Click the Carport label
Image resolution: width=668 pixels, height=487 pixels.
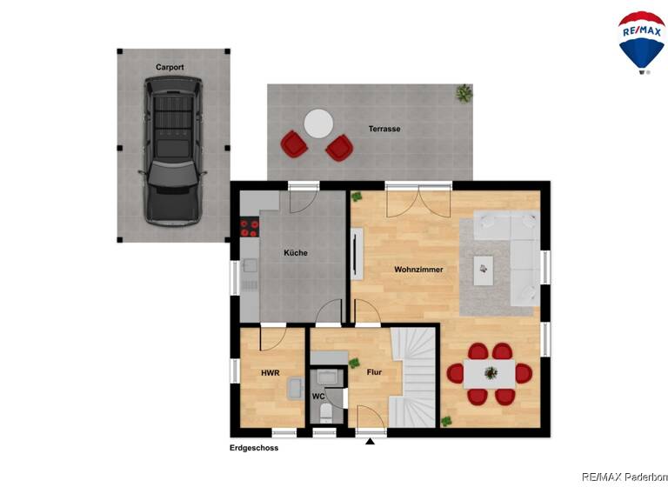coord(170,67)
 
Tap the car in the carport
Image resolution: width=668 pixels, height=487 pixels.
coord(173,150)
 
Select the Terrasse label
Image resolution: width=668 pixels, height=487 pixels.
coord(384,129)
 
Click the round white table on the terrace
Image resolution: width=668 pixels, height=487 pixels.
coord(317,123)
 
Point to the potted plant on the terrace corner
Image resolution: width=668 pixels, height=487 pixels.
coord(465,92)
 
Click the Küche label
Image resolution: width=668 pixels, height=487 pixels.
coord(295,253)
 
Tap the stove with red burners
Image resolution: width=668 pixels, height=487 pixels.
coord(250,228)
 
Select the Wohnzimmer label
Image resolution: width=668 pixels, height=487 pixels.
coord(418,270)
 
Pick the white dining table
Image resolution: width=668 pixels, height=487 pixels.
coord(491,373)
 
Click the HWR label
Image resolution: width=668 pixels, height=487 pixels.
coord(271,373)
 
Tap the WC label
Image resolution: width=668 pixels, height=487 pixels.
coord(318,397)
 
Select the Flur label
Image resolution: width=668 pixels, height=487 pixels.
coord(374,373)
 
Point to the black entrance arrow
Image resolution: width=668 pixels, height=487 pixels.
coord(371,441)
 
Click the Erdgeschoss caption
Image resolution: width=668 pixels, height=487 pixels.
coord(254,449)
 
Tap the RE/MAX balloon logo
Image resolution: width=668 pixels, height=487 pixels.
coord(642,40)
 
